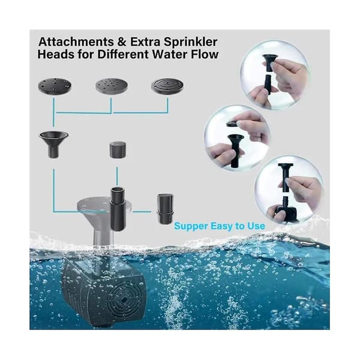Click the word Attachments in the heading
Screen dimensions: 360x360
click(x=76, y=42)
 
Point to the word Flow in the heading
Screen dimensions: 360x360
click(x=205, y=55)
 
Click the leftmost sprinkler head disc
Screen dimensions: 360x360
click(x=55, y=85)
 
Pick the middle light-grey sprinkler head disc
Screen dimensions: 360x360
click(x=112, y=86)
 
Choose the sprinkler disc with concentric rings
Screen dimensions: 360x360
click(x=167, y=86)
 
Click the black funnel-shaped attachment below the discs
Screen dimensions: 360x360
click(x=54, y=144)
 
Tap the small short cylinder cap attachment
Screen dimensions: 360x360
click(x=118, y=149)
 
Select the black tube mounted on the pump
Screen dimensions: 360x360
click(x=118, y=209)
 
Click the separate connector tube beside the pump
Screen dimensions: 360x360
click(x=165, y=209)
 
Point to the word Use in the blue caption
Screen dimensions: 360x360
click(x=256, y=226)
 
